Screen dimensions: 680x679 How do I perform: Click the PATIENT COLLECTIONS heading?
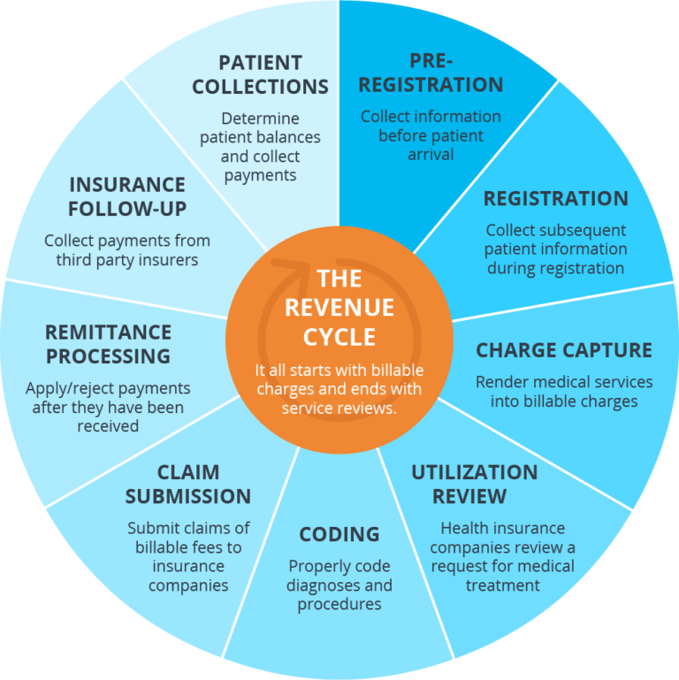[x=260, y=75]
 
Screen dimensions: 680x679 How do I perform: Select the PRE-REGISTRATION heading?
[x=431, y=73]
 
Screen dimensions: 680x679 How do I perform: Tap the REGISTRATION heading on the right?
[x=555, y=198]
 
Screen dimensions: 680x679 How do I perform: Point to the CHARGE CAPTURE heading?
[x=564, y=350]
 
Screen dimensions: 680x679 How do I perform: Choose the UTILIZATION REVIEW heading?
[x=474, y=484]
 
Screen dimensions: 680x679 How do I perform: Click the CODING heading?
[x=339, y=534]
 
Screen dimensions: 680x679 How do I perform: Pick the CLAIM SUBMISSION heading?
[x=187, y=484]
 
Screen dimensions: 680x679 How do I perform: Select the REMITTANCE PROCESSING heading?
[x=108, y=344]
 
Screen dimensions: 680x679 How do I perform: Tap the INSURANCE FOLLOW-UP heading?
[x=127, y=197]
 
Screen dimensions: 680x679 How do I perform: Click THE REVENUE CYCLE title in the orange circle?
[x=339, y=308]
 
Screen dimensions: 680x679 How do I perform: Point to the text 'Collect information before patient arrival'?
[x=431, y=135]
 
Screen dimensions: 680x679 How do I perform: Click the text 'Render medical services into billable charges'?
[x=564, y=392]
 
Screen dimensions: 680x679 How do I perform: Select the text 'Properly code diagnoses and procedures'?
[x=339, y=585]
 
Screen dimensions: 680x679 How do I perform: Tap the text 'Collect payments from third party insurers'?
[x=127, y=250]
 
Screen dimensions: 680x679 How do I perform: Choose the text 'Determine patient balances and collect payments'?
[x=260, y=147]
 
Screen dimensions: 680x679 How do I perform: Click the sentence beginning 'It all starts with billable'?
[x=339, y=389]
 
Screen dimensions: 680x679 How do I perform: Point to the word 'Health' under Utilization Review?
[x=465, y=528]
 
